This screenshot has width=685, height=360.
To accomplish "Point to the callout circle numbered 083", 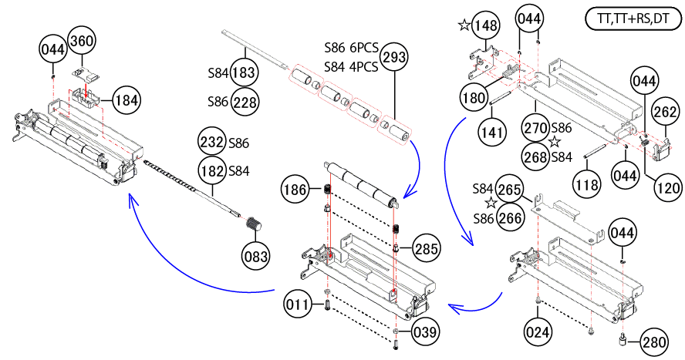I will coord(255,254).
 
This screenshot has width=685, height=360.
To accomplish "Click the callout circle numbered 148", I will coord(487,25).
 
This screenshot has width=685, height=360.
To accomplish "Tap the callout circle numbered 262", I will coord(665,111).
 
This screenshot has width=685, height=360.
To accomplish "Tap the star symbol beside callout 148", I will coord(464,25).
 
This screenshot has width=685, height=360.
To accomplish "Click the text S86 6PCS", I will coord(351,48).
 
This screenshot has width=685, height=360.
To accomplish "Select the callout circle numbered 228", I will coord(245,102).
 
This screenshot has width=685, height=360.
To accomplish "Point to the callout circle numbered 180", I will coord(474,98).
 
